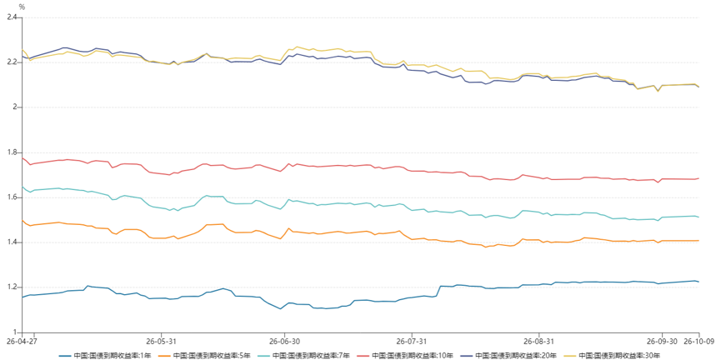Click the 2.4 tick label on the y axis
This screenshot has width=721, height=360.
(11, 17)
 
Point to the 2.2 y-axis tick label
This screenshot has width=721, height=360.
(11, 62)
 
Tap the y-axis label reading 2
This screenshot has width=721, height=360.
(14, 107)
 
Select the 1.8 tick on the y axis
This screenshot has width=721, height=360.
(11, 152)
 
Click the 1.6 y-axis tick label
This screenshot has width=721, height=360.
(11, 197)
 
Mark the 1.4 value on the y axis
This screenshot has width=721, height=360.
(11, 242)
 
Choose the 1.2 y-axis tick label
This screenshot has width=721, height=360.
(11, 287)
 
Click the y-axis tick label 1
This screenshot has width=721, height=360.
(14, 332)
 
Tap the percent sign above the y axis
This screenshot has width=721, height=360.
(22, 7)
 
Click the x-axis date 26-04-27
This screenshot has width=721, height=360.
(22, 341)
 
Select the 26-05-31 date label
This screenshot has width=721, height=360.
(162, 341)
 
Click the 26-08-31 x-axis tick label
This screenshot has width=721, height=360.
(539, 341)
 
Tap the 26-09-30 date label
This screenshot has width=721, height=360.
(662, 341)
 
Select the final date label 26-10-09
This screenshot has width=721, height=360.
(699, 341)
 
